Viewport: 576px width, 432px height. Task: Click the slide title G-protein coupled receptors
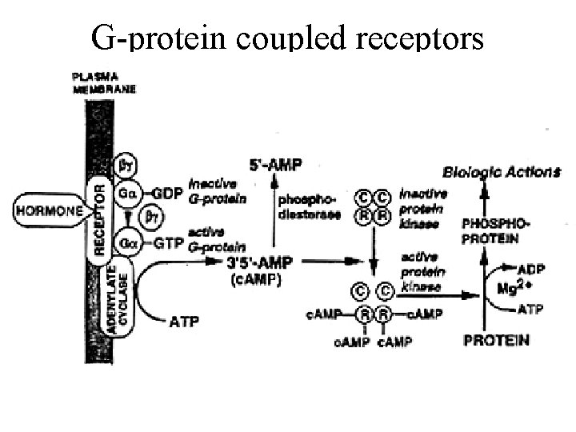pos(287,36)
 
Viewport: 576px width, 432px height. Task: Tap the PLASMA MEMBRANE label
pos(104,83)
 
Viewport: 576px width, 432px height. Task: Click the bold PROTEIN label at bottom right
pos(496,341)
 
